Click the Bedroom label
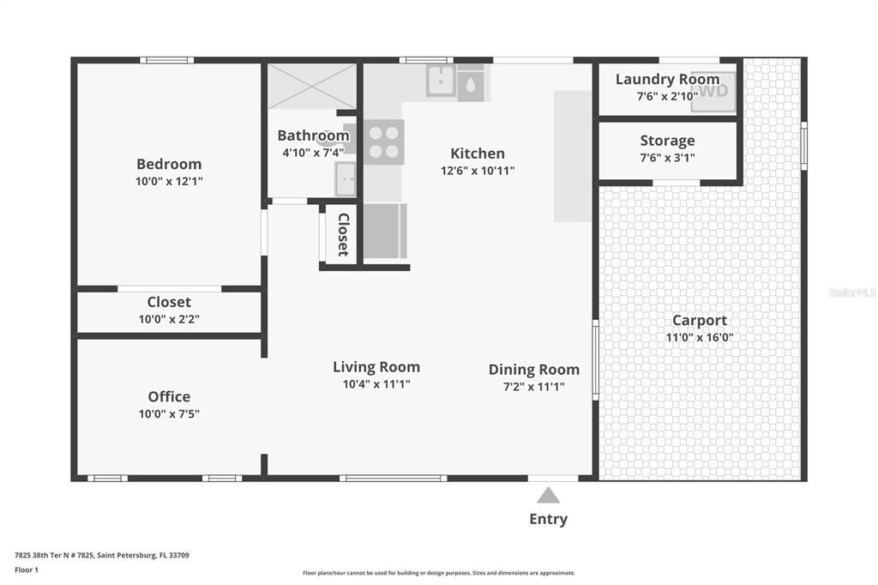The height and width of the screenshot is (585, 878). pos(169,164)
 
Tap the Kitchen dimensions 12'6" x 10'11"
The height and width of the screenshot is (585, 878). pos(477,171)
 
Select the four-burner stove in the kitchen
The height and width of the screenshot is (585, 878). pos(384,142)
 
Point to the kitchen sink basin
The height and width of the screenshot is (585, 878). pos(442,81)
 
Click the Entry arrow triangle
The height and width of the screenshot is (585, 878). pos(548,495)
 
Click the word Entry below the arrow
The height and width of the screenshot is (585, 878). pos(548,519)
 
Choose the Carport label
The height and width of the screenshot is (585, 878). pos(700,320)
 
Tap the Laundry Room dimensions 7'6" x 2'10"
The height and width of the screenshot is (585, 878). pos(667,96)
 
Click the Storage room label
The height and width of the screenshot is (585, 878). pos(667,140)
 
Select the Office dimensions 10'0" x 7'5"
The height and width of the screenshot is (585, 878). pos(169,414)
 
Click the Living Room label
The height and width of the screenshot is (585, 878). pos(376,367)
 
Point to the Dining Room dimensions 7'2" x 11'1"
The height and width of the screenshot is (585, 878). pos(533,387)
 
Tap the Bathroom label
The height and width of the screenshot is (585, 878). pos(313,136)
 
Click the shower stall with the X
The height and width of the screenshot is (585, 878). pos(312,87)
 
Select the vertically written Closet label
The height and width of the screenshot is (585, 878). pos(343,235)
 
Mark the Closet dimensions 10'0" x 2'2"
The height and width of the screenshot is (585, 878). pos(169,319)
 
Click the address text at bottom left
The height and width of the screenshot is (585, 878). pos(102,555)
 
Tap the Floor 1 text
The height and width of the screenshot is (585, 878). pos(27,570)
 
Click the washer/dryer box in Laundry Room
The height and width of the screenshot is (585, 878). pos(713,91)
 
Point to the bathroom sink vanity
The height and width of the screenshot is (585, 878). pos(346,179)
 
